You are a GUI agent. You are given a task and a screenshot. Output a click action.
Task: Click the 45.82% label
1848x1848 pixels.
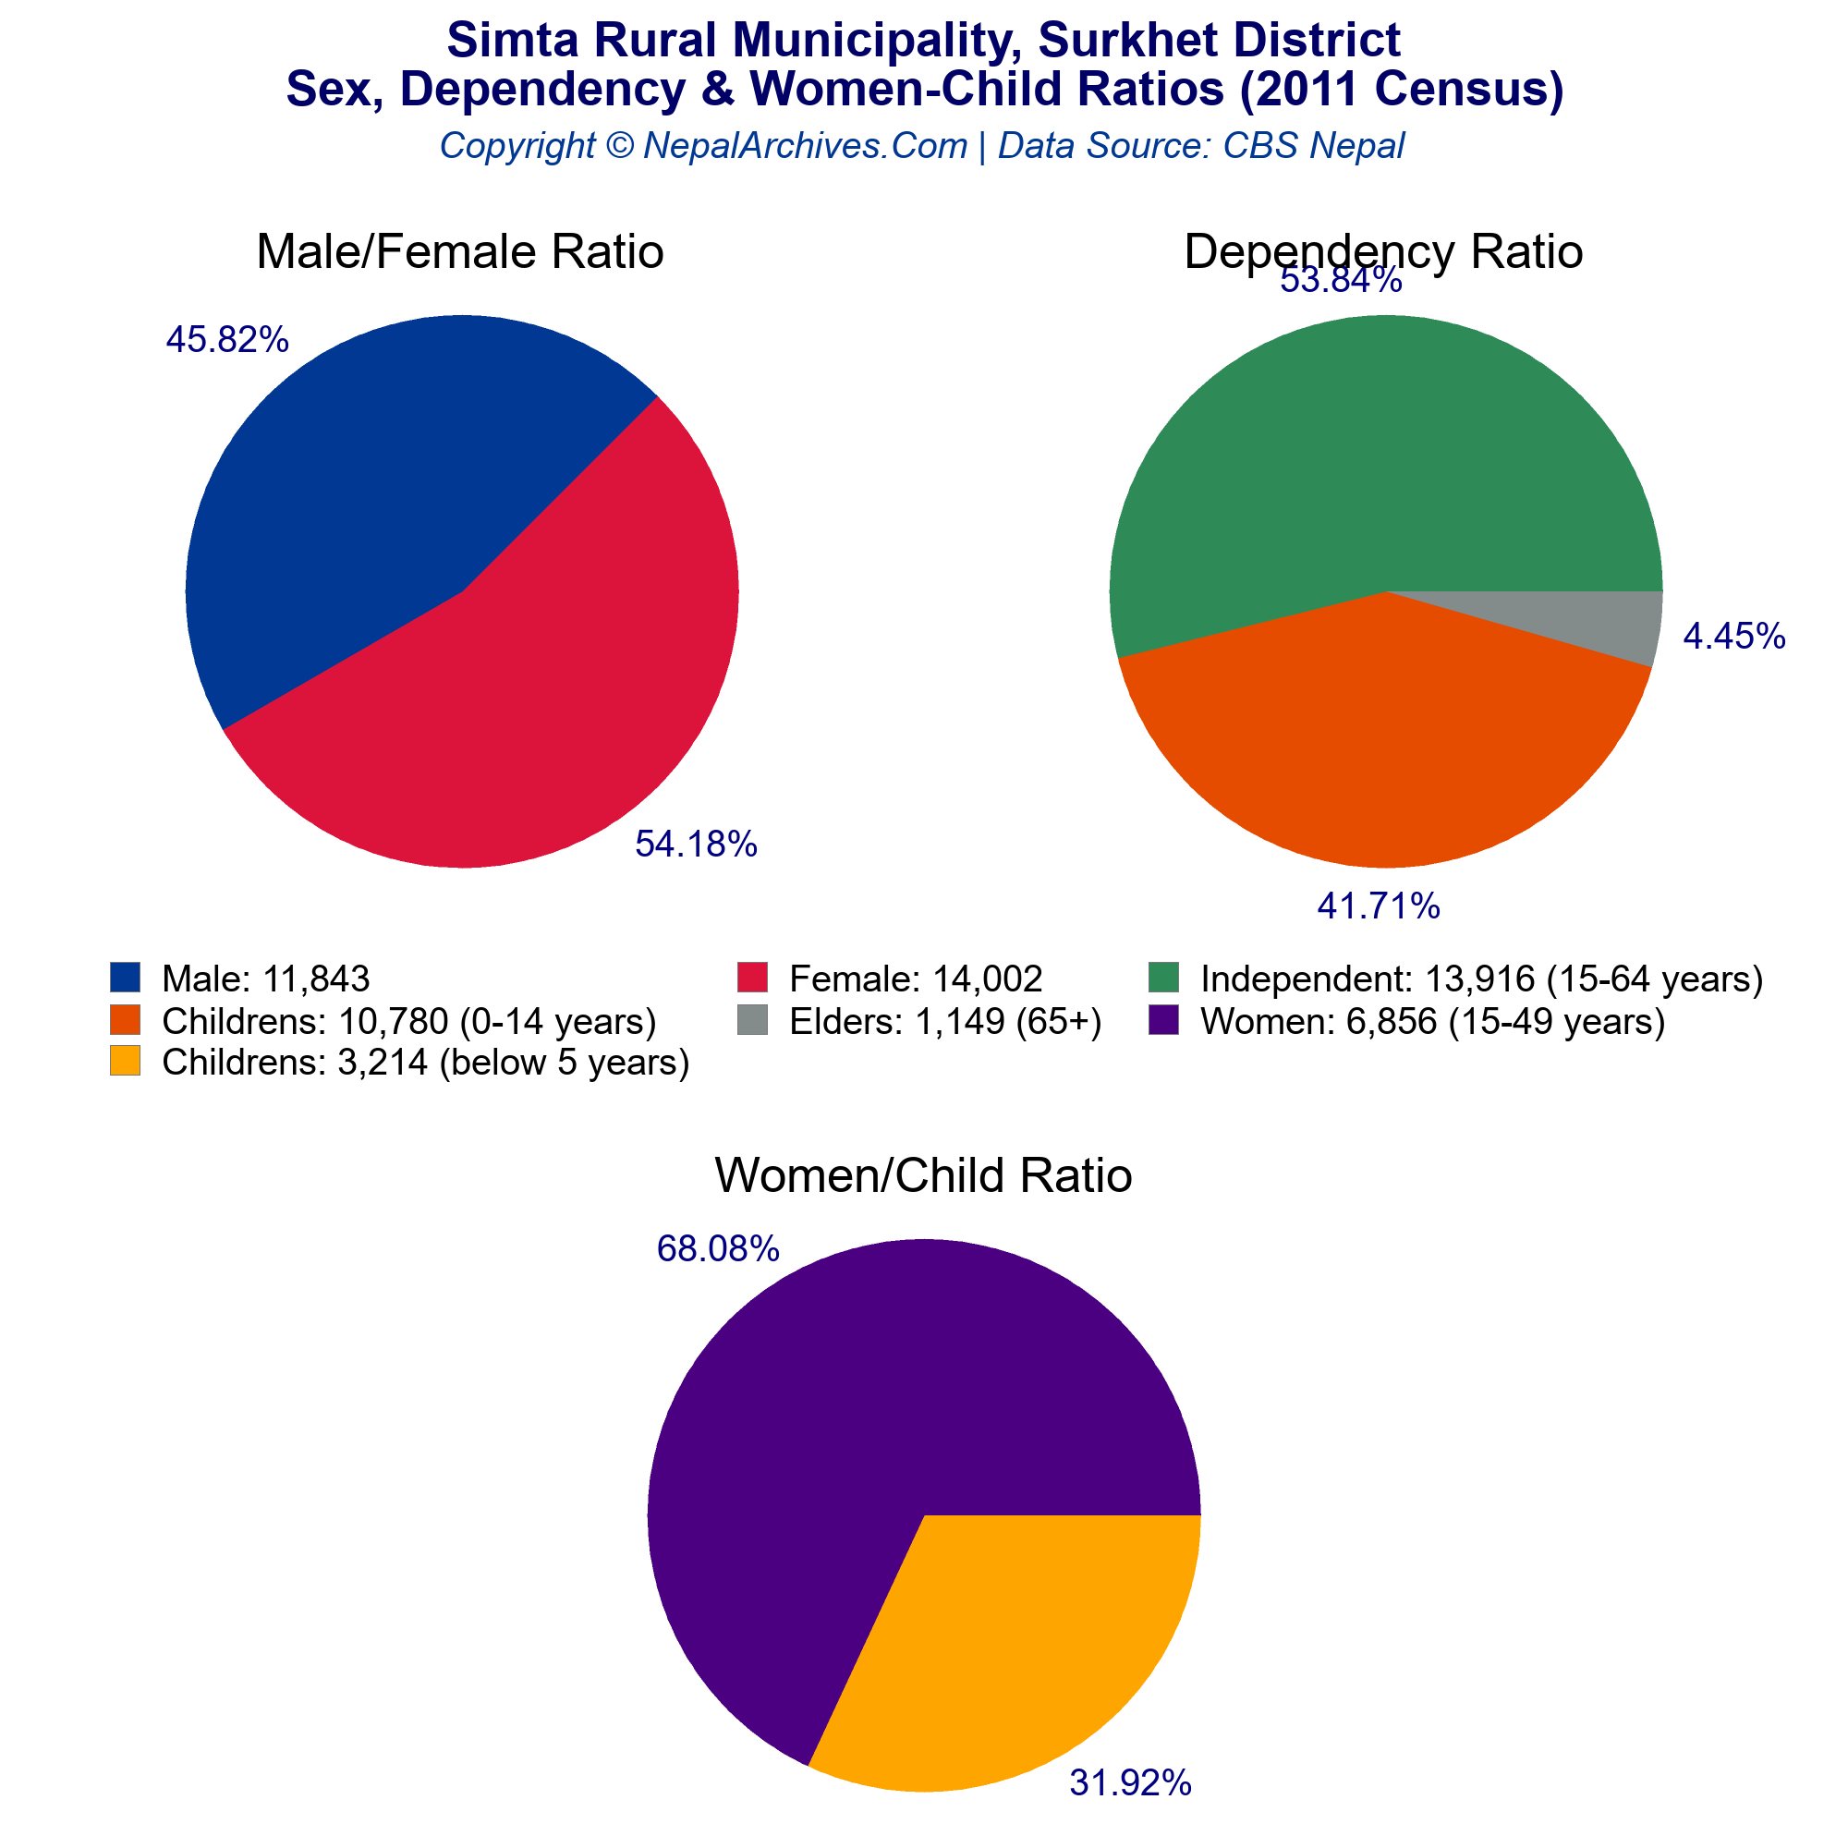(x=227, y=339)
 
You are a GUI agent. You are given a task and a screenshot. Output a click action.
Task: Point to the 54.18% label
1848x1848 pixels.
(x=697, y=844)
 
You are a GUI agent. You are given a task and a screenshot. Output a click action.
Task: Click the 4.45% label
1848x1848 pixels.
(x=1733, y=636)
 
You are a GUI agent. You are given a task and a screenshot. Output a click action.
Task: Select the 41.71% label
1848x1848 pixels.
(x=1379, y=906)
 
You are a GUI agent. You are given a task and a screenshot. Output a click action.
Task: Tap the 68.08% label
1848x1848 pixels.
(x=717, y=1248)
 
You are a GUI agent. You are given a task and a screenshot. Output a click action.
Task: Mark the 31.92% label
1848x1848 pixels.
(x=1130, y=1783)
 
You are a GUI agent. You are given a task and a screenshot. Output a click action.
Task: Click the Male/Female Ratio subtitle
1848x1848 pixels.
(x=460, y=251)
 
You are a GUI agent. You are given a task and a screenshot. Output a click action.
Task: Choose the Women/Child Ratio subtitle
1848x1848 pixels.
(x=923, y=1174)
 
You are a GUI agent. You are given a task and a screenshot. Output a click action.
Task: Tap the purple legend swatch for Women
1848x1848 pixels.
(x=1163, y=1021)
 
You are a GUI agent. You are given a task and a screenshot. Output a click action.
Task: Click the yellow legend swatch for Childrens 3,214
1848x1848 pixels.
(x=126, y=1062)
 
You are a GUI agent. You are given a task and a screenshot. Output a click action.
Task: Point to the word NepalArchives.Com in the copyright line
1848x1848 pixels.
(x=806, y=145)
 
